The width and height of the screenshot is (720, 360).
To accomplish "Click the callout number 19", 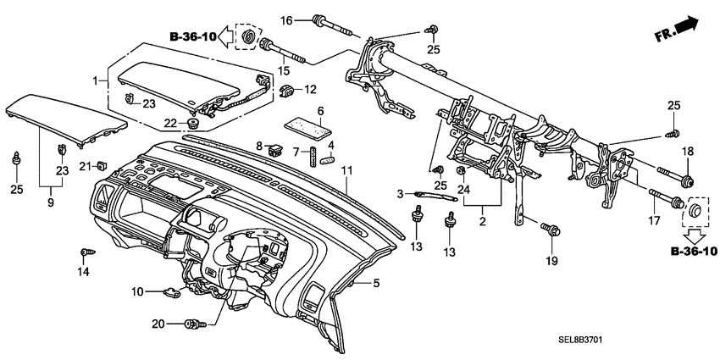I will pyautogui.click(x=551, y=261).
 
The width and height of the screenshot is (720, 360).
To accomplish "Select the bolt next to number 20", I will pyautogui.click(x=196, y=324).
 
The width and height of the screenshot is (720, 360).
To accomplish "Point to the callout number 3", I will pyautogui.click(x=401, y=195).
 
